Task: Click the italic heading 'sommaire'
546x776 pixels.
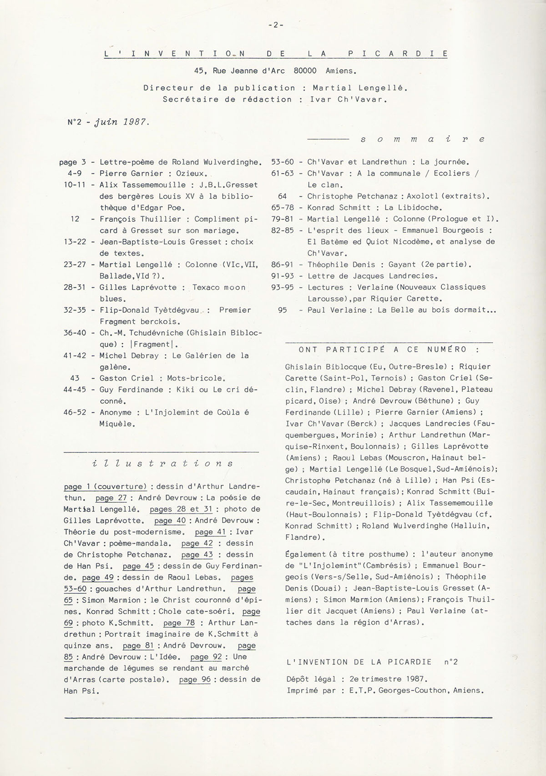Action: click(x=421, y=139)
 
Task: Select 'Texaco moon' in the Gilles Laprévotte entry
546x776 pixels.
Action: click(x=219, y=287)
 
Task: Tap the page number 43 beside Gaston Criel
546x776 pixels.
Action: click(x=75, y=378)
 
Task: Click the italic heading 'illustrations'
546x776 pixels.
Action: click(x=162, y=464)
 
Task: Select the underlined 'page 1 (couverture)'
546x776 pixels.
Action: click(x=105, y=486)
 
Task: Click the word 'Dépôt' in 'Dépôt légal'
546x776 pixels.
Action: click(x=298, y=679)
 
